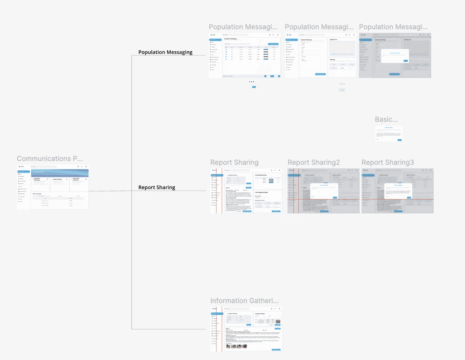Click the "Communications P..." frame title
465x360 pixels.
50,159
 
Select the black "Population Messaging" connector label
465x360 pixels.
165,52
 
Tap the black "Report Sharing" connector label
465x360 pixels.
157,187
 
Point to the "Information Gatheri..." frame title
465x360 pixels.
244,301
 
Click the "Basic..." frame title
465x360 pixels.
386,119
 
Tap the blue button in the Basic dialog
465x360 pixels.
400,140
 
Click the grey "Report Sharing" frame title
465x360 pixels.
234,163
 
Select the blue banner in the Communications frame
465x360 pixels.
59,173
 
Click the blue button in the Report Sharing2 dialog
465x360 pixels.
335,197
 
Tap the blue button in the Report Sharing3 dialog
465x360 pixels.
409,197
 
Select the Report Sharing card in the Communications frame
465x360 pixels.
59,182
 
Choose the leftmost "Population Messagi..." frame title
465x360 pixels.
242,27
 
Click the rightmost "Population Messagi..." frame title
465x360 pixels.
393,27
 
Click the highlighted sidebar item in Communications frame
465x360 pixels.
24,172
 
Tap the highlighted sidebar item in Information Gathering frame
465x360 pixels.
217,314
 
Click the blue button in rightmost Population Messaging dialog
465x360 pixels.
406,60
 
